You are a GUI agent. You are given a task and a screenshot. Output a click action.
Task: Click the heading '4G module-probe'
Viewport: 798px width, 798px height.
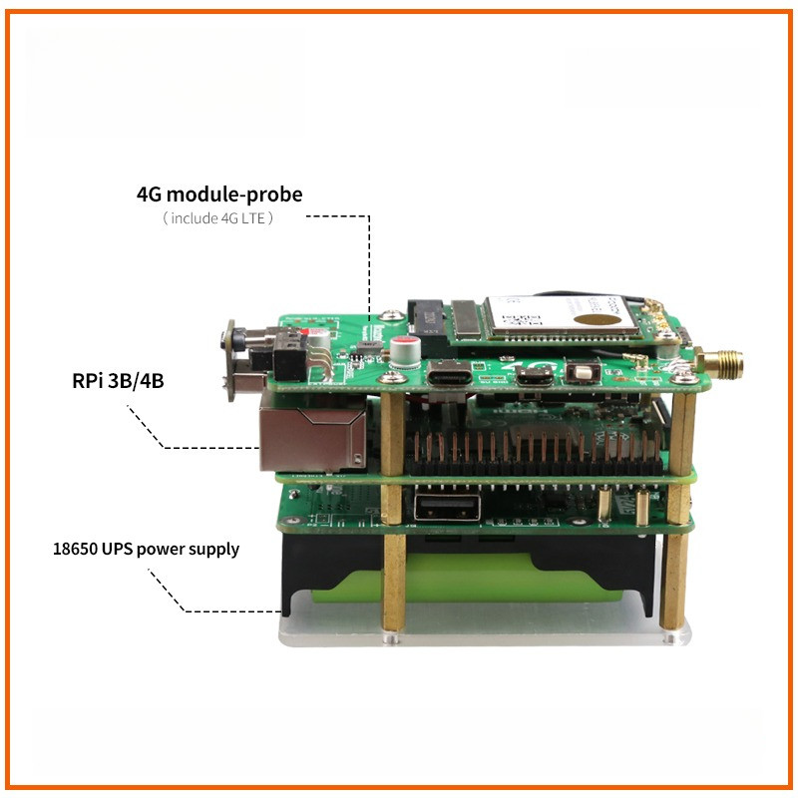pos(218,194)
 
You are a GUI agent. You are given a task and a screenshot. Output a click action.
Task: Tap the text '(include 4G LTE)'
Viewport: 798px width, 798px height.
pos(217,217)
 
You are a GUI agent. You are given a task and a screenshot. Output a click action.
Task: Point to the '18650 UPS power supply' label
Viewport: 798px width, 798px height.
pos(146,549)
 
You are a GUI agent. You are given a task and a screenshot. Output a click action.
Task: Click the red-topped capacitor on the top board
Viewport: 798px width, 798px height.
pos(406,351)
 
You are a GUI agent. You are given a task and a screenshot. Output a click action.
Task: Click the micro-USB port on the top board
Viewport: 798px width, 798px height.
pos(536,378)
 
